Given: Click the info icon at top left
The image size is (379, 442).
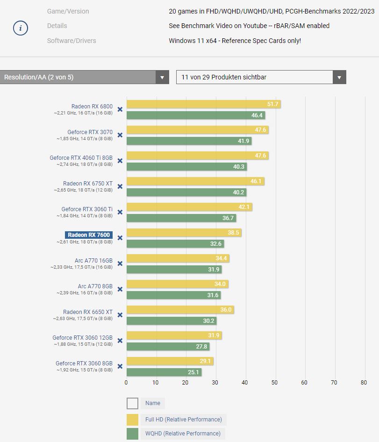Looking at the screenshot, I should click(x=20, y=28).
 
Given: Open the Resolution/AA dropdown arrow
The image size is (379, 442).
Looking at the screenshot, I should click(x=162, y=78).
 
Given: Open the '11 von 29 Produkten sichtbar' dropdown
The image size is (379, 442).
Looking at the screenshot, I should click(x=261, y=78).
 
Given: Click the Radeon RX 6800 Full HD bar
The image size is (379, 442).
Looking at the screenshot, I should click(x=203, y=104).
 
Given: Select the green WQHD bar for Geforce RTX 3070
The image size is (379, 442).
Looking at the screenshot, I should click(x=189, y=141).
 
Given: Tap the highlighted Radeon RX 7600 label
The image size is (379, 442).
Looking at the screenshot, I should click(x=88, y=235).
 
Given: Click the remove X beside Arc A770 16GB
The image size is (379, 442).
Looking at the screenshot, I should click(x=120, y=264).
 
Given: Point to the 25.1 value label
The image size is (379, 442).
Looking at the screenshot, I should click(x=194, y=372).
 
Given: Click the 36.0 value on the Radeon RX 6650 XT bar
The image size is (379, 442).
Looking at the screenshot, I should click(x=226, y=310).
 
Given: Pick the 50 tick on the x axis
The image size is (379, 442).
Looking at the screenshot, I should click(x=275, y=383).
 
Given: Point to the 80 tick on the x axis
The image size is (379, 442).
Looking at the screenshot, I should click(x=364, y=383).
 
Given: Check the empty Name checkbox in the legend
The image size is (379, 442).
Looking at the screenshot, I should click(x=132, y=403).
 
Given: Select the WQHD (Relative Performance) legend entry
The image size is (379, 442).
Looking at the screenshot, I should click(x=183, y=434).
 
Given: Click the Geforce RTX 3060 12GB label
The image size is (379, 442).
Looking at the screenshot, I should click(x=82, y=338).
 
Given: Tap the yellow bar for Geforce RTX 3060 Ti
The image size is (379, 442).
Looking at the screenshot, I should click(x=189, y=207).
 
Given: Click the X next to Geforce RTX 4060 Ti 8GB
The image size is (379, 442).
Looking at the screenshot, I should click(x=120, y=161).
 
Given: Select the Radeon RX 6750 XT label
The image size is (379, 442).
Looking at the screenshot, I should click(x=88, y=184).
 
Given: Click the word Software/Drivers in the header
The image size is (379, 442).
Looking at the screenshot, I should click(x=72, y=41).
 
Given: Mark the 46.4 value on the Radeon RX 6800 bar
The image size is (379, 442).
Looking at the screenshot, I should click(x=257, y=115).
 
